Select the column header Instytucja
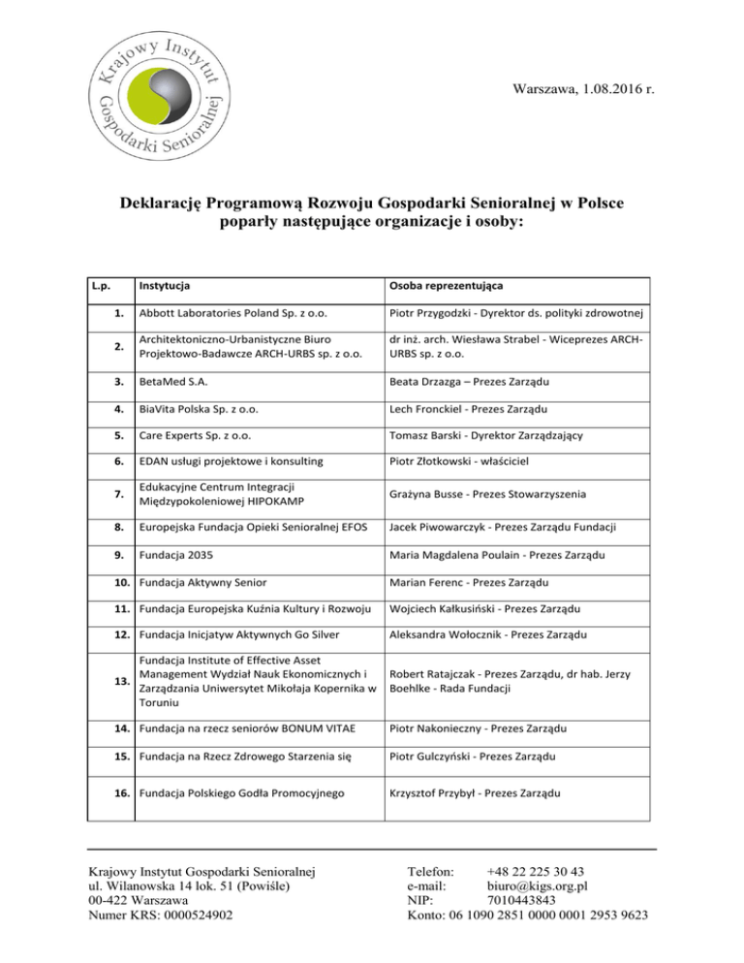click(164, 287)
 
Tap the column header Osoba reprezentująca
click(449, 287)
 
